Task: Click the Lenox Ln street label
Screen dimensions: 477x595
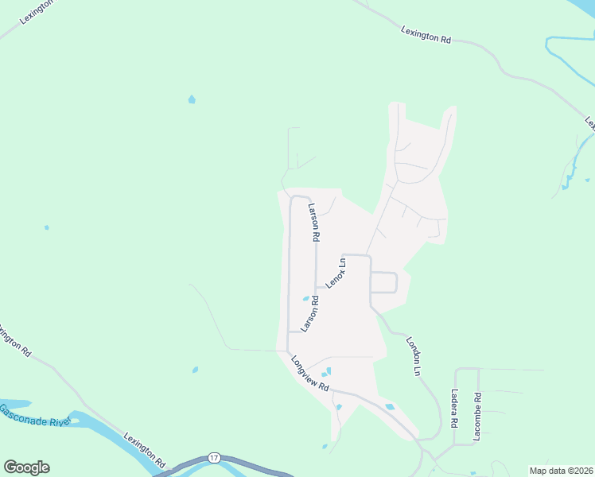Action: pyautogui.click(x=336, y=273)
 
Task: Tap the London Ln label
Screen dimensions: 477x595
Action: pyautogui.click(x=413, y=355)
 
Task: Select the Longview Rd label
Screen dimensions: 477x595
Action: pyautogui.click(x=310, y=374)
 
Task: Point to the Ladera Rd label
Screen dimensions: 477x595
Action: pyautogui.click(x=453, y=406)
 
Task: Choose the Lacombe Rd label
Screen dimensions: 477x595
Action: pyautogui.click(x=477, y=417)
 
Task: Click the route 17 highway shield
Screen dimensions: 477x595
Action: pyautogui.click(x=214, y=458)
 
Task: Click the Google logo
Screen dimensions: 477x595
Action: pyautogui.click(x=26, y=467)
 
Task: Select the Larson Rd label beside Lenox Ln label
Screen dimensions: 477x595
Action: pyautogui.click(x=309, y=314)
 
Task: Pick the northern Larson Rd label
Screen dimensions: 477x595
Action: pyautogui.click(x=314, y=222)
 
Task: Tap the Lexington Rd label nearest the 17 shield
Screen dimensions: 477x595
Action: pyautogui.click(x=145, y=450)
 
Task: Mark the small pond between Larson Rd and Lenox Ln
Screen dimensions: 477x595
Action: pyautogui.click(x=305, y=299)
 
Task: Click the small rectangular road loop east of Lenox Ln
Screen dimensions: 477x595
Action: pyautogui.click(x=384, y=282)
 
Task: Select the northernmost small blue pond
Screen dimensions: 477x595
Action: pyautogui.click(x=191, y=99)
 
